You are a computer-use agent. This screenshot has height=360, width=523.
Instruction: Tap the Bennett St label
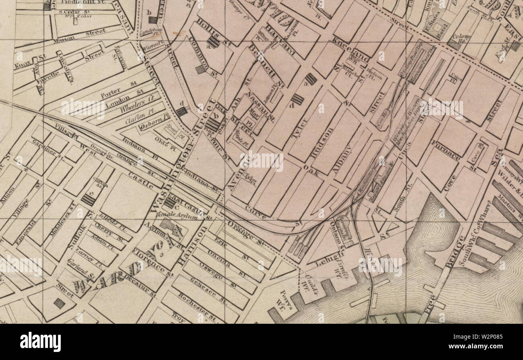[266, 66]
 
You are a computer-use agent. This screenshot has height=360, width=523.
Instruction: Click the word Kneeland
[351, 49]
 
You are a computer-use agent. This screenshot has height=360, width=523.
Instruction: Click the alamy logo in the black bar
[41, 342]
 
